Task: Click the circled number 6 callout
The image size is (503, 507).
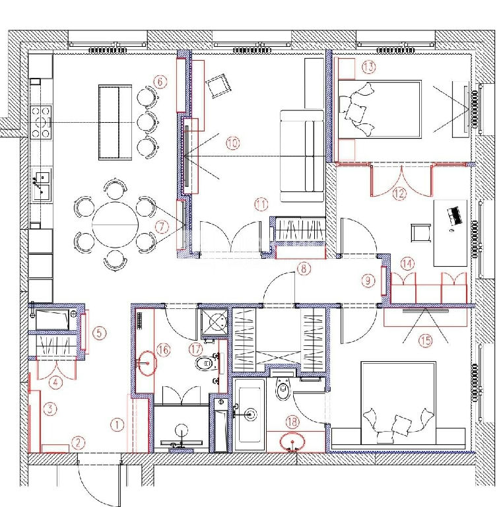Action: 160,82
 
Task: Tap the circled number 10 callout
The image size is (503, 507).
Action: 232,143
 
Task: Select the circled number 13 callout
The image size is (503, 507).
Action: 369,67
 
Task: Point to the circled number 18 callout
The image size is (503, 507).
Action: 292,422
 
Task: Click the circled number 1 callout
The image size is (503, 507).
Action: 117,424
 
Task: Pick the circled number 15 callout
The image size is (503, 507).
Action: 425,340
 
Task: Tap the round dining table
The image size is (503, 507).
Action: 116,224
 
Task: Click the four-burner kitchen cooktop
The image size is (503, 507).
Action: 41,122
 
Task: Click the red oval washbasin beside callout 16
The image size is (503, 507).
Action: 147,363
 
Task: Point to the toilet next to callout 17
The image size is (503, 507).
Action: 206,364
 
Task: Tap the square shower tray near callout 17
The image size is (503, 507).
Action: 215,323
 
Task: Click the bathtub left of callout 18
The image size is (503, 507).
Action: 250,415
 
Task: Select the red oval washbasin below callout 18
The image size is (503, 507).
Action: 292,441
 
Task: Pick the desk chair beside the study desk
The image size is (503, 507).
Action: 420,233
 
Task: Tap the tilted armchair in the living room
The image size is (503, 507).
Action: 217,84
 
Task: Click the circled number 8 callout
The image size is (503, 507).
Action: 304,269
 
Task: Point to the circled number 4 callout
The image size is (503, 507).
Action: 55,383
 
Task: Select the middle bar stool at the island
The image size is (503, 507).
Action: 147,122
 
